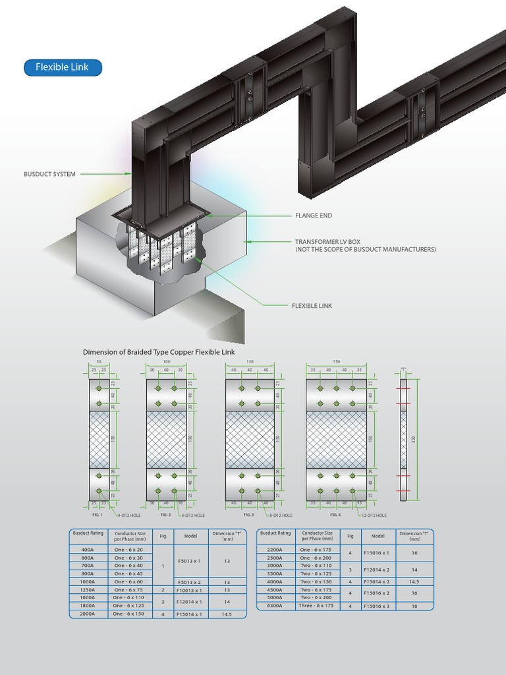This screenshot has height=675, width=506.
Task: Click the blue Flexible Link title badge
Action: (63, 67)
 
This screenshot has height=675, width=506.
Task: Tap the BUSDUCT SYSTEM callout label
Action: (49, 174)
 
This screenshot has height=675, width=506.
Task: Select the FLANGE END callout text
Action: (313, 216)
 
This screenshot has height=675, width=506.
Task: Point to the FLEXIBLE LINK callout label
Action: (312, 306)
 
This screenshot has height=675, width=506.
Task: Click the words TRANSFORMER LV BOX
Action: (327, 242)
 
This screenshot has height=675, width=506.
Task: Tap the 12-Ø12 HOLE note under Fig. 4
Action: (374, 515)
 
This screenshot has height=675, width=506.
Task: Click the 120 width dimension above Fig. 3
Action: (250, 363)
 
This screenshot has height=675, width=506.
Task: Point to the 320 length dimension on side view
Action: (414, 439)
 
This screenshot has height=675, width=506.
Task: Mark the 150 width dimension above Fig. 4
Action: (337, 363)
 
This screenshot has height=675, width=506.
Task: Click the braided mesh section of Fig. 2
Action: (166, 439)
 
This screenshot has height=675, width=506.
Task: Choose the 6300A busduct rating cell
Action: (274, 606)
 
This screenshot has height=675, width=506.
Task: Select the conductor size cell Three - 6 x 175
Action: (316, 606)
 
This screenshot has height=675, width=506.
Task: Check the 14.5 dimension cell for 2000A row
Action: (227, 614)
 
